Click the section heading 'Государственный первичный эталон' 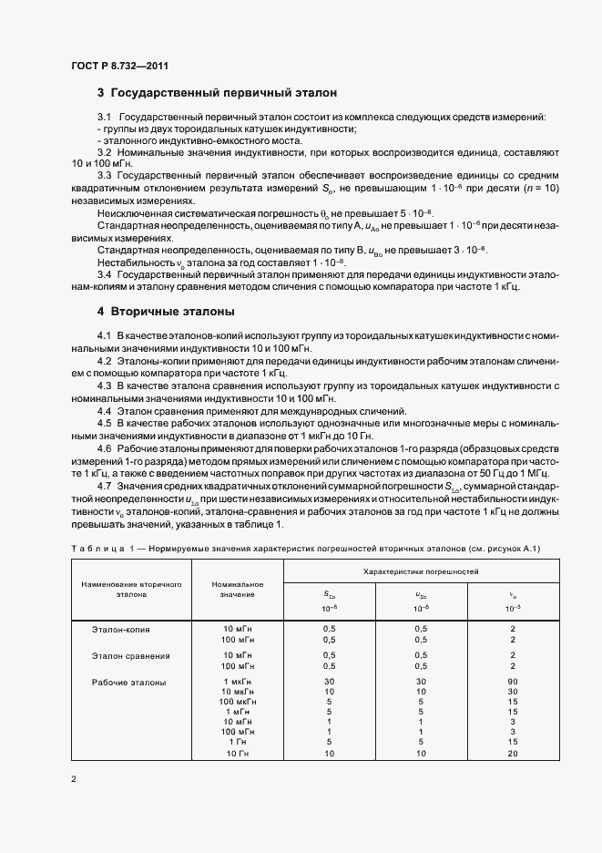point(223,93)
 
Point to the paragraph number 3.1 point(105,118)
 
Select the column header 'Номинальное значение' point(237,589)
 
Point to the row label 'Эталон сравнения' point(131,655)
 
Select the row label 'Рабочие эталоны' point(129,682)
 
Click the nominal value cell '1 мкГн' point(237,682)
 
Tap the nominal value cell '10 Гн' point(237,754)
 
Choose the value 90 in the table point(514,682)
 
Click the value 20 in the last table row point(514,754)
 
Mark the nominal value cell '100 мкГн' point(237,701)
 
